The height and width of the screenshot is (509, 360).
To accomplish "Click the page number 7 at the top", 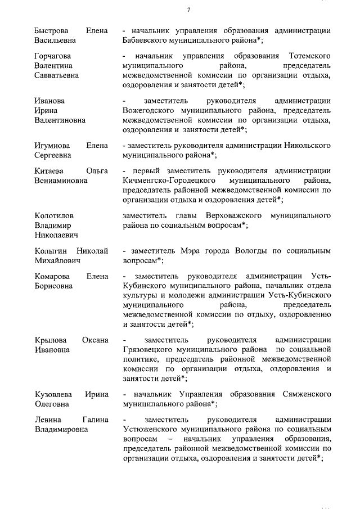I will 189,10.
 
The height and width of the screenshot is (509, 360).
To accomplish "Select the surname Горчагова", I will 55,56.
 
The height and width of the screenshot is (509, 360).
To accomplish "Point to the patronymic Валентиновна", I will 60,120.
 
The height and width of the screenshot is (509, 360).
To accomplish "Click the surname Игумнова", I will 53,146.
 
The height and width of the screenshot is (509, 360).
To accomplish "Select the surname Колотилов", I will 54,215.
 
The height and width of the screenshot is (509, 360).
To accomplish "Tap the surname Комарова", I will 53,276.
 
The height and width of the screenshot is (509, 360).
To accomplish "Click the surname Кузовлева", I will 54,394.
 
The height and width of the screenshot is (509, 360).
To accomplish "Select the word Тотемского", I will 309,56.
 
